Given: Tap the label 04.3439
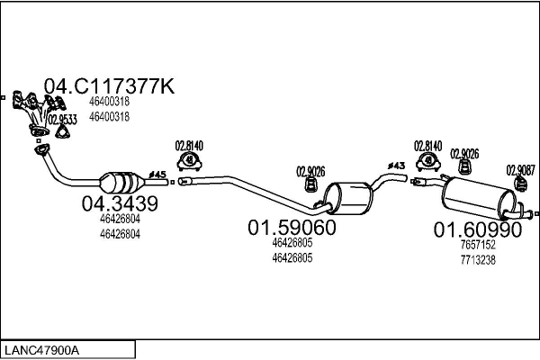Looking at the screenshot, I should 120,204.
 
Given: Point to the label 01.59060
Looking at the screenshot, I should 292,229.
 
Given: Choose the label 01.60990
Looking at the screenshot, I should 478,229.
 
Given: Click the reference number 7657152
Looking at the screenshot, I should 478,245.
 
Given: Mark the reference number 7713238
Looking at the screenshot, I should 478,259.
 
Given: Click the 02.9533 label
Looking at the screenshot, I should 62,119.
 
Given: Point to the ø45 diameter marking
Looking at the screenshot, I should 157,174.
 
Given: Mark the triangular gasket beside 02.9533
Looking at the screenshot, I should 62,133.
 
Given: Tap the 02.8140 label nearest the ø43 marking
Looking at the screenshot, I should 428,146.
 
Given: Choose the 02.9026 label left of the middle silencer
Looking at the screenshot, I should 310,170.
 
